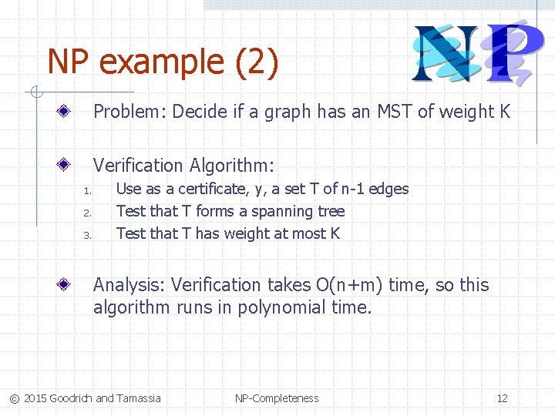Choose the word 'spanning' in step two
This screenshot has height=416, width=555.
coord(283,211)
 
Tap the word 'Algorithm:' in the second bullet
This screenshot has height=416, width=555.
coord(236,166)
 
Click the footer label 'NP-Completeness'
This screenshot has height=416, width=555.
coord(277,398)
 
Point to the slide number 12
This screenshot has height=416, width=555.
coord(502,398)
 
